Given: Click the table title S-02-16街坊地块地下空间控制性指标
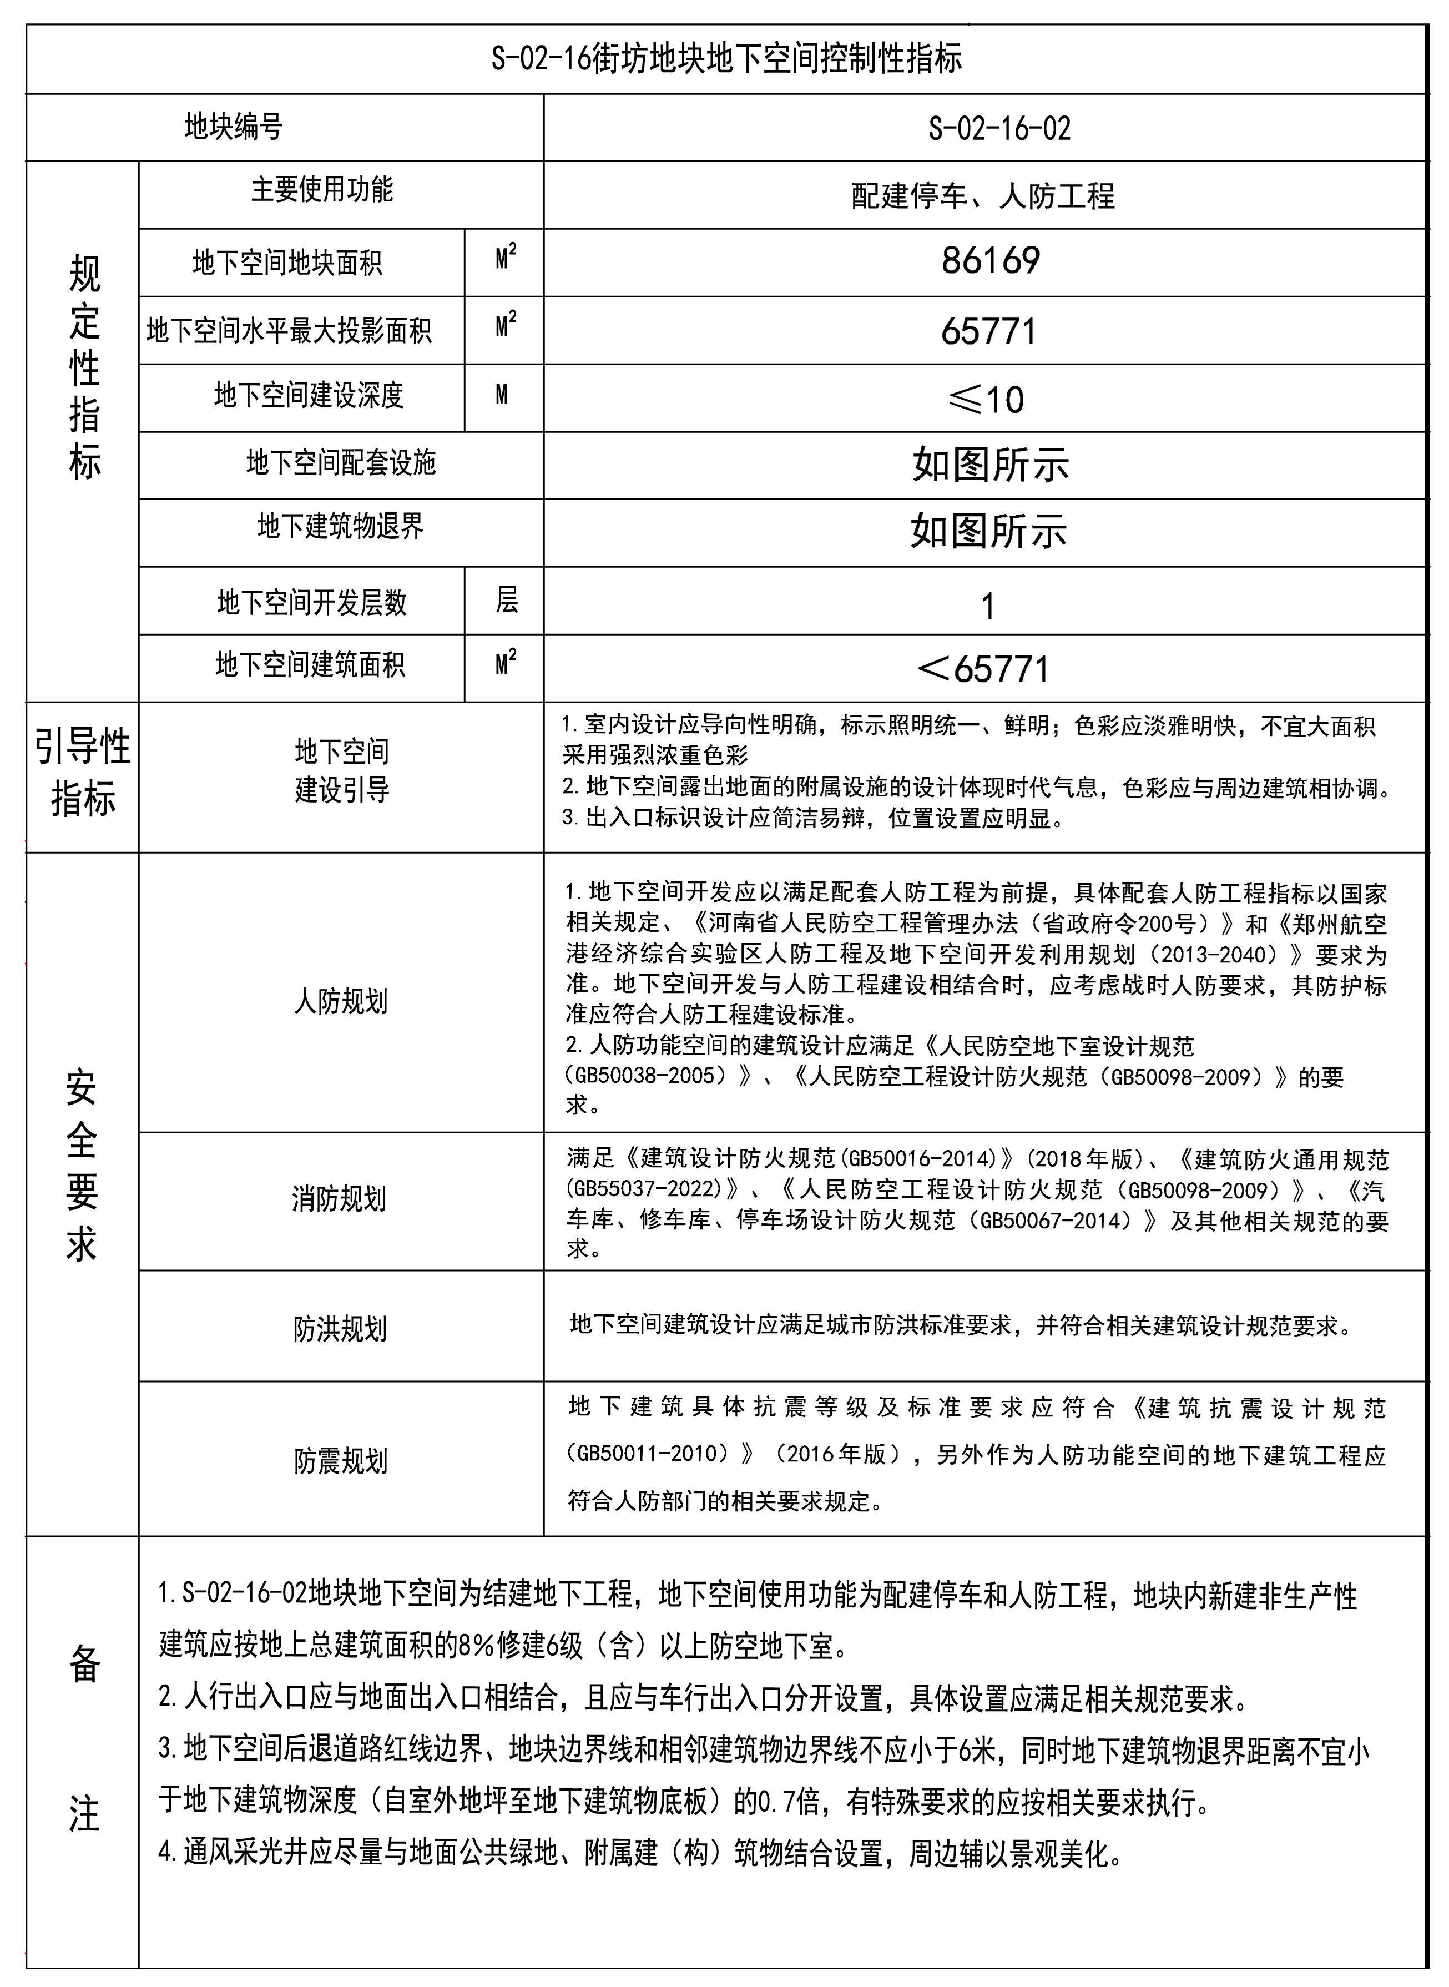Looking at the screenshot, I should (x=726, y=59).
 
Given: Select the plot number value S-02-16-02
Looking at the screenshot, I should (x=999, y=129).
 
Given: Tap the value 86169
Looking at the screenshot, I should (x=990, y=260).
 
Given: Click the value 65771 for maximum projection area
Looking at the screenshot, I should (x=988, y=331).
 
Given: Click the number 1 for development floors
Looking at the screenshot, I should (x=988, y=606).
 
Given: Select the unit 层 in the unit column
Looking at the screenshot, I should (x=506, y=601).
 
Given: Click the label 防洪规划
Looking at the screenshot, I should (x=340, y=1329).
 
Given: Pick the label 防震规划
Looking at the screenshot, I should (x=340, y=1461).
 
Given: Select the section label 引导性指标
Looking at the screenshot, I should (x=83, y=772).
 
